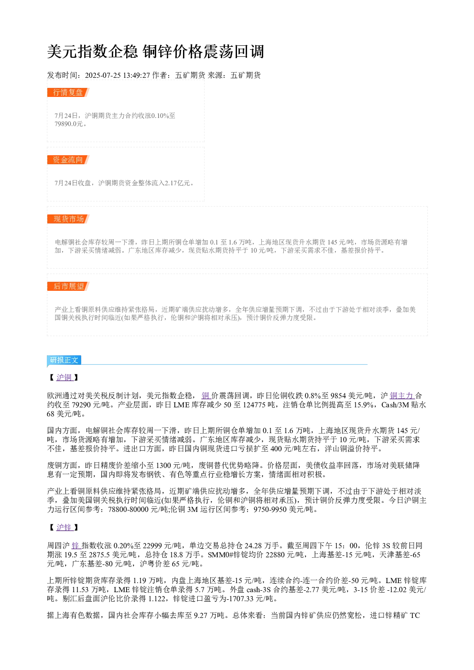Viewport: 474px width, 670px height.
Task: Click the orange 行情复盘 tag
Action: (x=68, y=93)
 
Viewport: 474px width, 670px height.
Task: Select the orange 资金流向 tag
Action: (x=68, y=160)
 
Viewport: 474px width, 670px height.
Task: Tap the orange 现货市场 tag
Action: (x=68, y=219)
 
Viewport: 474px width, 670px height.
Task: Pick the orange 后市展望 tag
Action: (x=68, y=286)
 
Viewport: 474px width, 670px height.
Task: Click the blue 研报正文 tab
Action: (x=64, y=360)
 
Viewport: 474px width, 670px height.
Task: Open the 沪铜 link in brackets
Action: (x=65, y=377)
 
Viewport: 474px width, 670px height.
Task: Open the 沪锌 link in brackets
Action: (x=65, y=527)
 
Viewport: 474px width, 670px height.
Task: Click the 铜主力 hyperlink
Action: (x=402, y=396)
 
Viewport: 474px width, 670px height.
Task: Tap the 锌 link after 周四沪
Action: (x=76, y=545)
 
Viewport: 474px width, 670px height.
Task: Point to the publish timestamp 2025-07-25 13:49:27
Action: (x=117, y=75)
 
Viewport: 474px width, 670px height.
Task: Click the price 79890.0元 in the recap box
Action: (x=68, y=124)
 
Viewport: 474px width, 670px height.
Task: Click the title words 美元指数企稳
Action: (x=93, y=52)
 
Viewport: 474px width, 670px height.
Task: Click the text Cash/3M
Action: (x=395, y=405)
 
